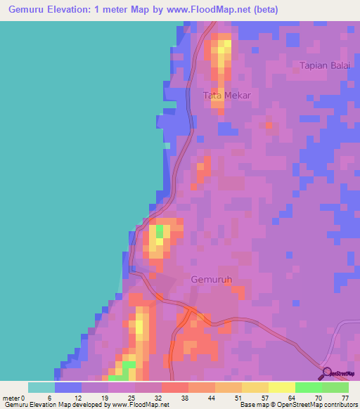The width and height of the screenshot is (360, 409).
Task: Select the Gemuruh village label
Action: tap(211, 279)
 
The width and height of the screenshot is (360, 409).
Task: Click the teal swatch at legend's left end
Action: tap(41, 387)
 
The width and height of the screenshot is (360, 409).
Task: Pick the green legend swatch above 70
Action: tap(308, 387)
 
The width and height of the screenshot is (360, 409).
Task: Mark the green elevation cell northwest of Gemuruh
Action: tap(159, 231)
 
